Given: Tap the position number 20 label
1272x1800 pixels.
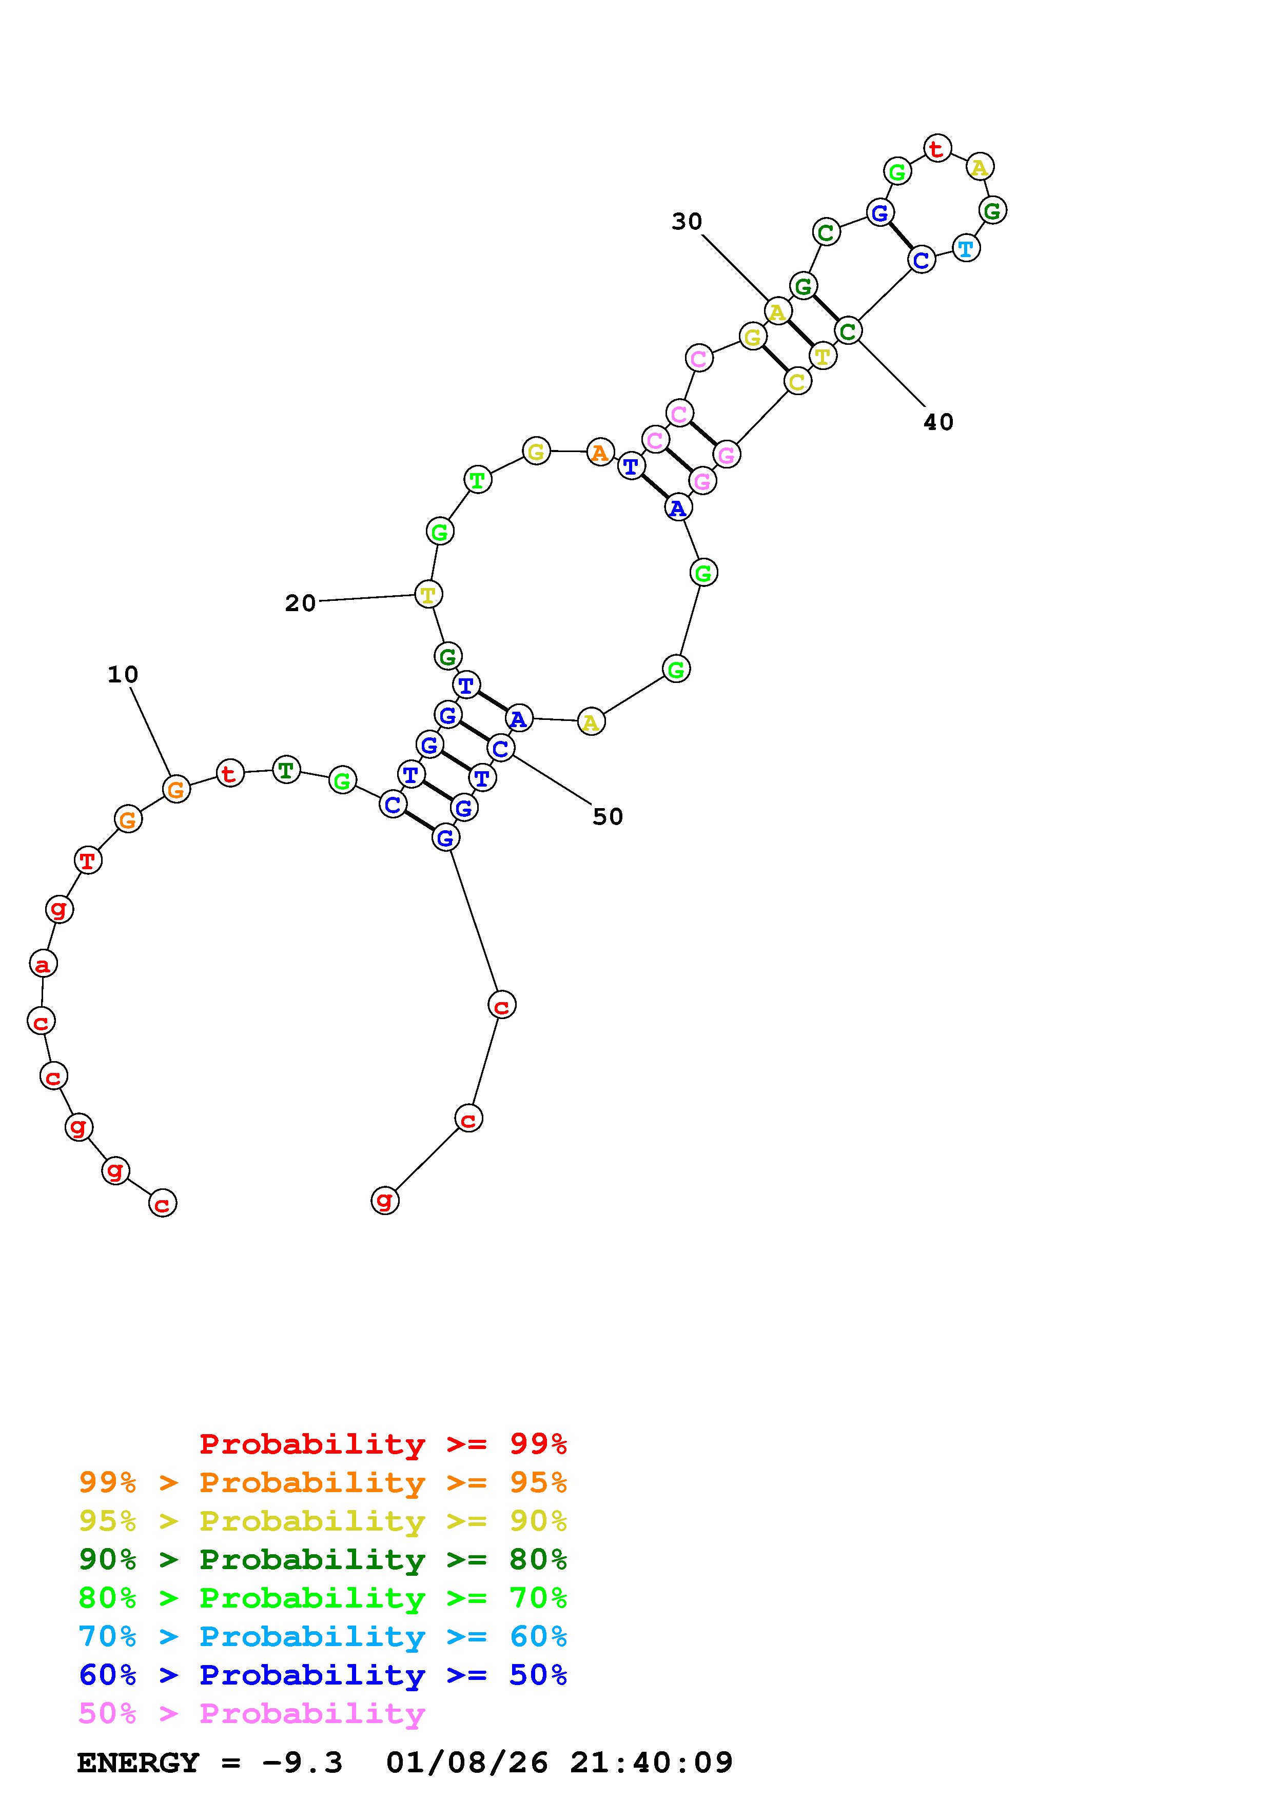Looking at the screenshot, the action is [x=300, y=603].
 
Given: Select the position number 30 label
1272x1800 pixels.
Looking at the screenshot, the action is [x=687, y=222].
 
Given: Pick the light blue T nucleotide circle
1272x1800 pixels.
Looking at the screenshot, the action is [x=966, y=248].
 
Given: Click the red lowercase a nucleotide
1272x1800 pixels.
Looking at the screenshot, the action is [x=43, y=964].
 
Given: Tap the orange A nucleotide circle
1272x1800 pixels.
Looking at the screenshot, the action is [x=599, y=453].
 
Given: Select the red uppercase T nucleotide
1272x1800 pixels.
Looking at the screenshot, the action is [x=88, y=860].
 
